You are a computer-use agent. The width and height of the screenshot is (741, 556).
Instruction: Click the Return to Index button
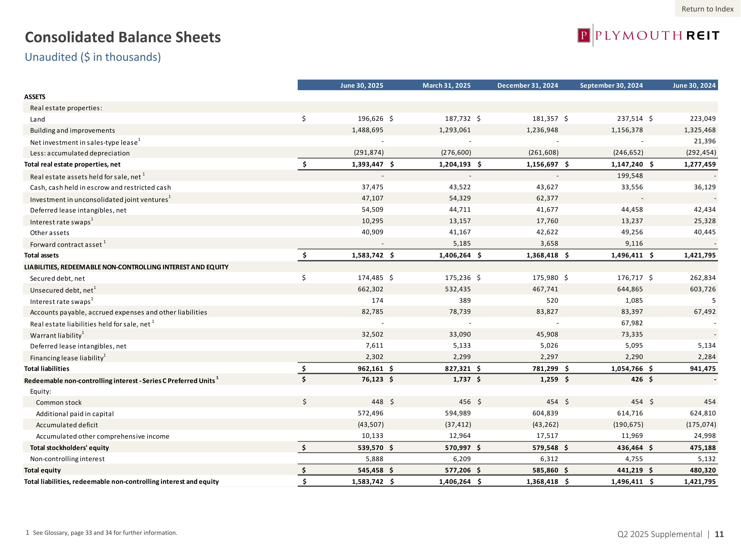click(x=707, y=9)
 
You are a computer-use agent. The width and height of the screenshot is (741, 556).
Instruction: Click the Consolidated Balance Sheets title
click(x=123, y=37)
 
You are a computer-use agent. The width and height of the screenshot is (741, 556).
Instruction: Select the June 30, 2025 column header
click(x=361, y=86)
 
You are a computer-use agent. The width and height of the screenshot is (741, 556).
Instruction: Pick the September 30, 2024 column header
click(x=611, y=86)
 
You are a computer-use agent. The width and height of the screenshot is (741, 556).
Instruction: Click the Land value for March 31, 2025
click(x=458, y=119)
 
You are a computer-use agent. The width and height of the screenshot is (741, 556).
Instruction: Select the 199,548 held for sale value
click(x=630, y=176)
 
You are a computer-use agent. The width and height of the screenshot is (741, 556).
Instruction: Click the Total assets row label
click(x=41, y=255)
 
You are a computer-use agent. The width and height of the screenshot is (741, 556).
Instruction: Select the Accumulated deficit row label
click(x=67, y=425)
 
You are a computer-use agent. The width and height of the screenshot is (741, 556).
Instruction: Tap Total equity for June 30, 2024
click(x=702, y=470)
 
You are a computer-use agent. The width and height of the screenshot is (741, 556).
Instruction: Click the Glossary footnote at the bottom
click(x=102, y=533)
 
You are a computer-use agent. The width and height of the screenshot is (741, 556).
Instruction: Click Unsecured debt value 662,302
click(x=370, y=289)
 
